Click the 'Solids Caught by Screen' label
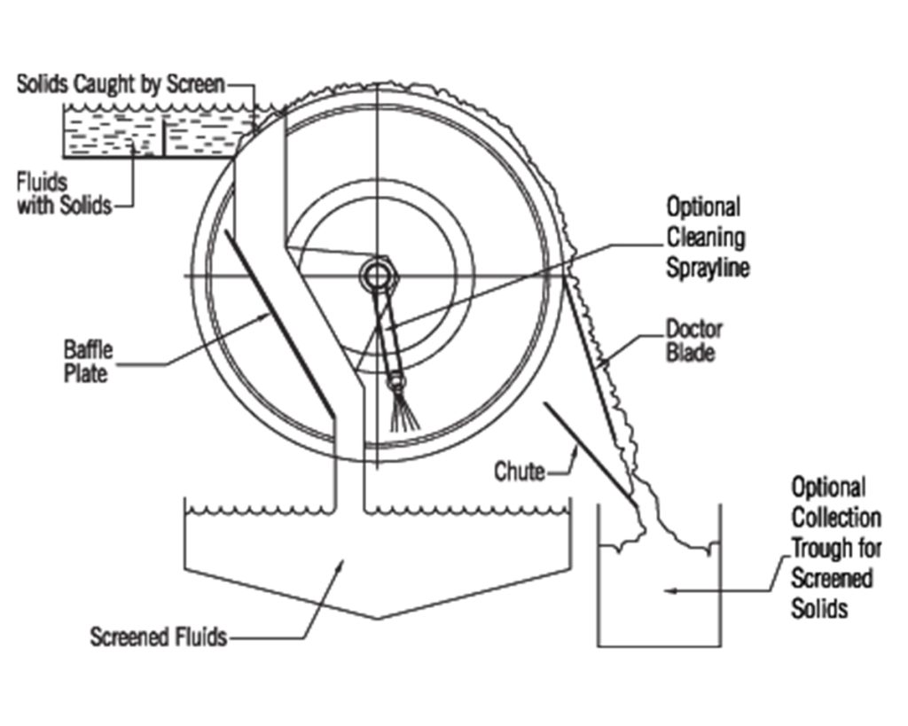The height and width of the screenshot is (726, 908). click(121, 84)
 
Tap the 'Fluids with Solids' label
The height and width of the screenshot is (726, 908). click(64, 194)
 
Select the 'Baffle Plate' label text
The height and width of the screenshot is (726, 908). click(88, 362)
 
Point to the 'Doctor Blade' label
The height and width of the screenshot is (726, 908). click(693, 341)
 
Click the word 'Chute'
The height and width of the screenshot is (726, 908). click(520, 472)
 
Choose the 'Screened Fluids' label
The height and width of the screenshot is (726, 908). click(159, 636)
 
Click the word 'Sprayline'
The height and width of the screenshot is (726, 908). click(708, 268)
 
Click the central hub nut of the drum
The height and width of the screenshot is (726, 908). click(377, 275)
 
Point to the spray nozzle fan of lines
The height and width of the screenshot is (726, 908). click(404, 411)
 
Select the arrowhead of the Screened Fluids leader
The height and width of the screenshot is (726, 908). click(340, 565)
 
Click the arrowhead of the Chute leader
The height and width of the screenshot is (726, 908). click(575, 449)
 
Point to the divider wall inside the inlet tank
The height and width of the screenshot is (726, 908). click(163, 137)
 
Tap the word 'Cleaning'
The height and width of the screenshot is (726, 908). click(706, 238)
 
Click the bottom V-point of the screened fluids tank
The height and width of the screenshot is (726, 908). click(378, 619)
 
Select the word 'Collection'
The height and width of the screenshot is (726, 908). click(836, 517)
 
